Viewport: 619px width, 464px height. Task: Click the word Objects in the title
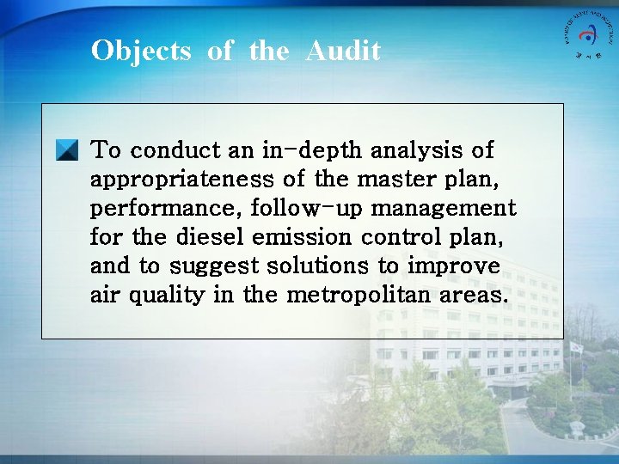141,51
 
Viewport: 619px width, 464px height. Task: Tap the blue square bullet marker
67,151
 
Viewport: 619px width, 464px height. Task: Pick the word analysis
417,150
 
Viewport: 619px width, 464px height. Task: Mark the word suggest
210,266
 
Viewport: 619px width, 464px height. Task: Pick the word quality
167,296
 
